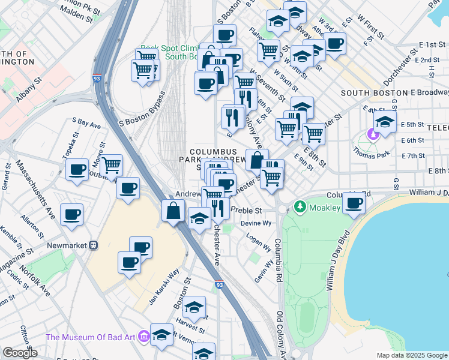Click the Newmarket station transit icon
point(93,245)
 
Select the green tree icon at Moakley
point(300,207)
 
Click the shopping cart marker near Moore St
point(111,165)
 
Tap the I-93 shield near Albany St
point(97,79)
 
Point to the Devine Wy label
point(256,223)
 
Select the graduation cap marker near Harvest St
point(194,308)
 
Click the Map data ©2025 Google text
point(411,355)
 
